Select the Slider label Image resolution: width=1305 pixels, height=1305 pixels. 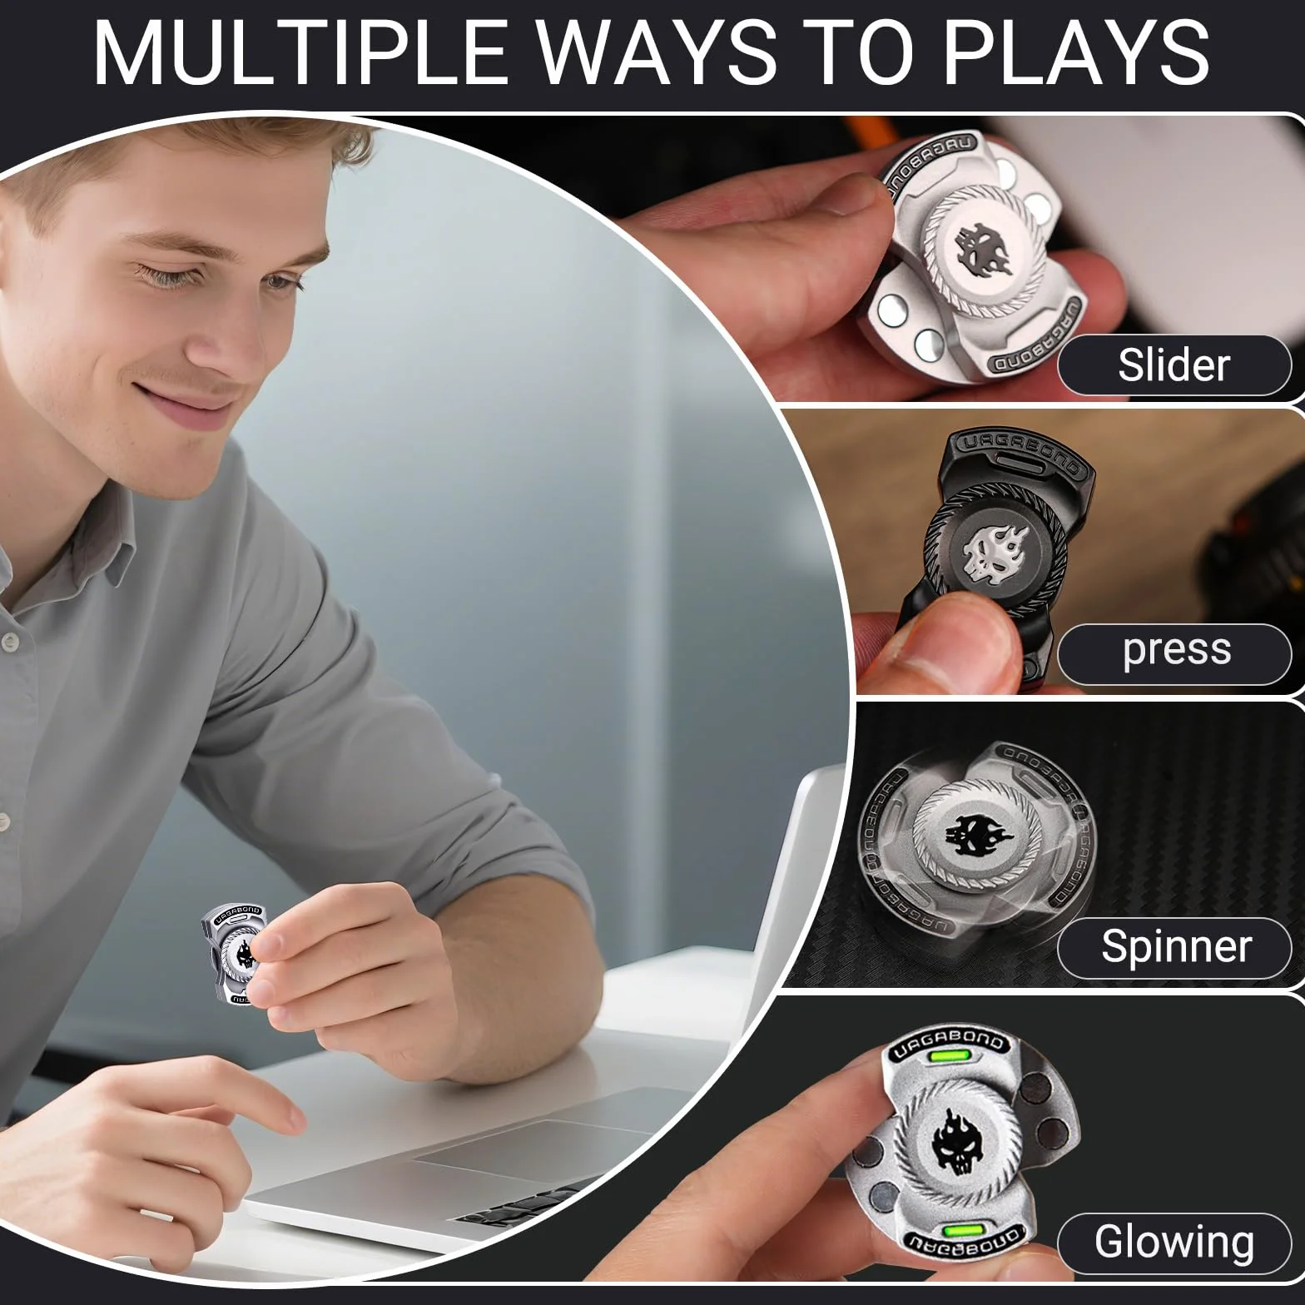click(x=1174, y=365)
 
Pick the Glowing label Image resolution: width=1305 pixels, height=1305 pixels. click(x=1174, y=1243)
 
